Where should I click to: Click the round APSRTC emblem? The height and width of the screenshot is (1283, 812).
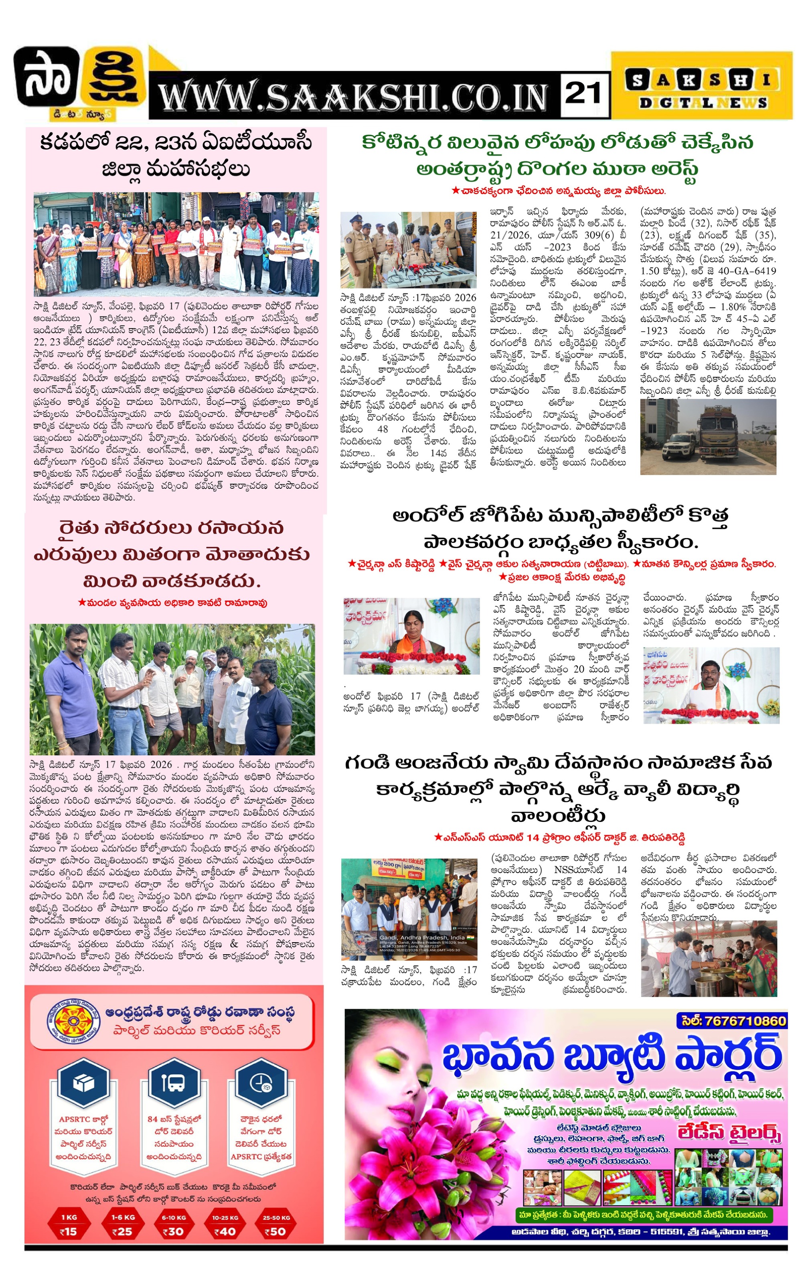coord(70,1019)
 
